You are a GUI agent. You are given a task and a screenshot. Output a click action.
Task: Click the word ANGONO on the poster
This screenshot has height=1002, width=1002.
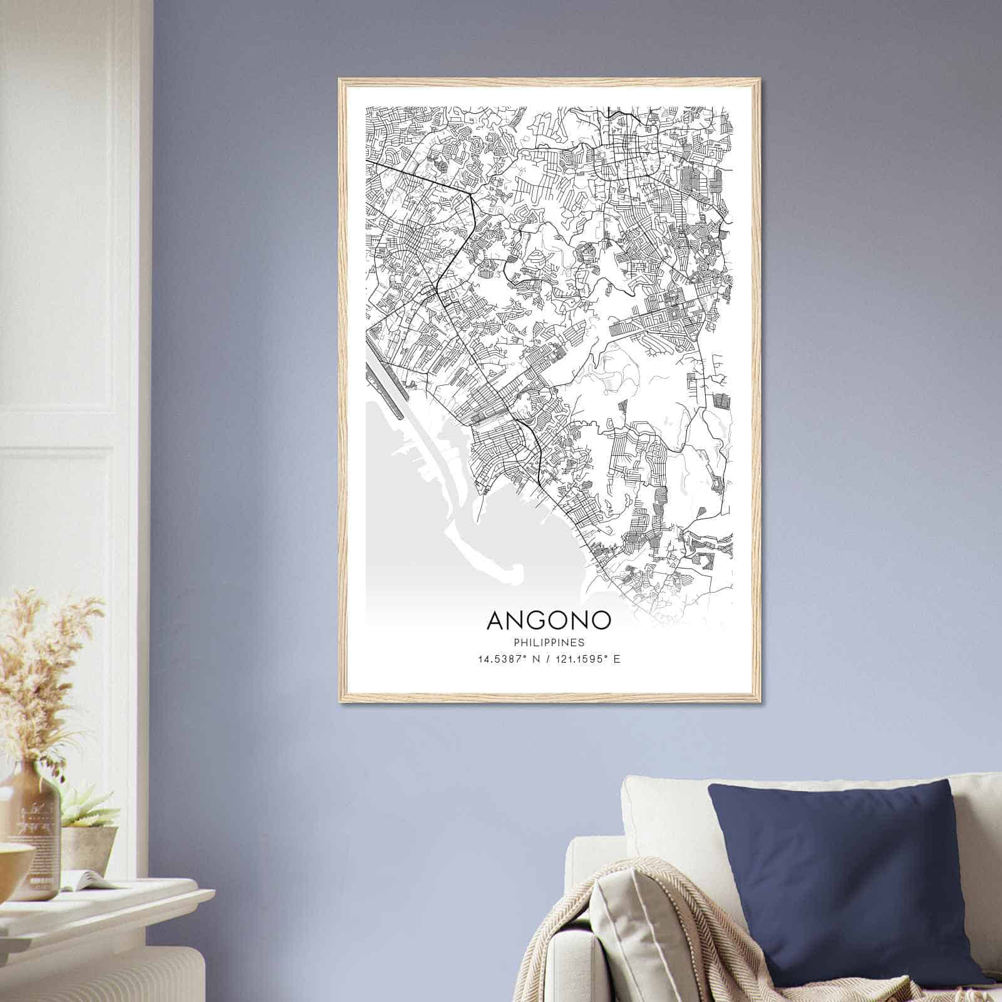point(549,620)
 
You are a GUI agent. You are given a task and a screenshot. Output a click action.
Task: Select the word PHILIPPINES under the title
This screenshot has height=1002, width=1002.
point(549,643)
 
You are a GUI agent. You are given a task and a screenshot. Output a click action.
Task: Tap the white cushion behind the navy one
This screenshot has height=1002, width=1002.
point(664,814)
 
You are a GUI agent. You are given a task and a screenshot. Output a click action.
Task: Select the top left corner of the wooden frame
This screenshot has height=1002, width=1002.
point(340,80)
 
